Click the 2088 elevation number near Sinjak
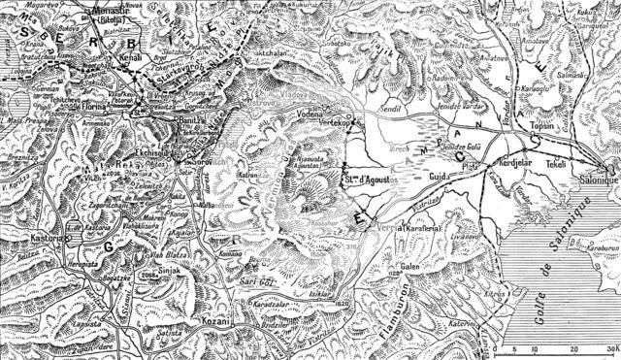pos(148,275)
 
